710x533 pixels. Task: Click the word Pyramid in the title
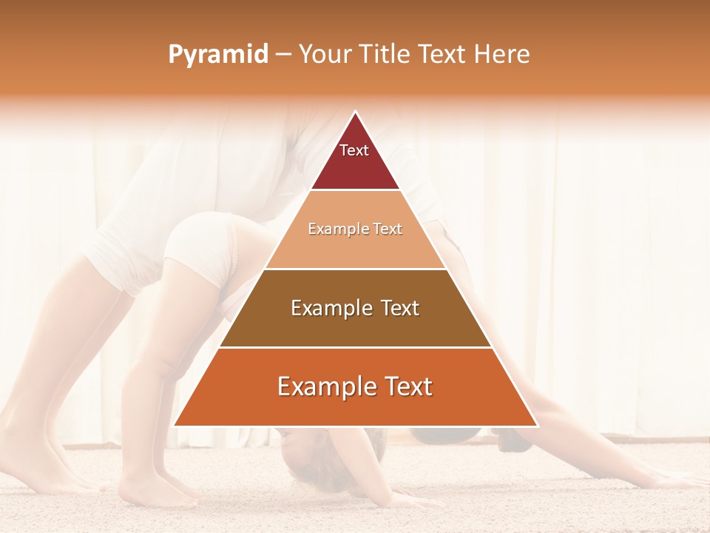point(217,55)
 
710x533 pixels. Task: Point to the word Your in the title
point(324,55)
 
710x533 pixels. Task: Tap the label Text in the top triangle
point(354,150)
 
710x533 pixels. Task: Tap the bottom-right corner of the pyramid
point(537,426)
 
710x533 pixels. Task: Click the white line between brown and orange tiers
point(355,347)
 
